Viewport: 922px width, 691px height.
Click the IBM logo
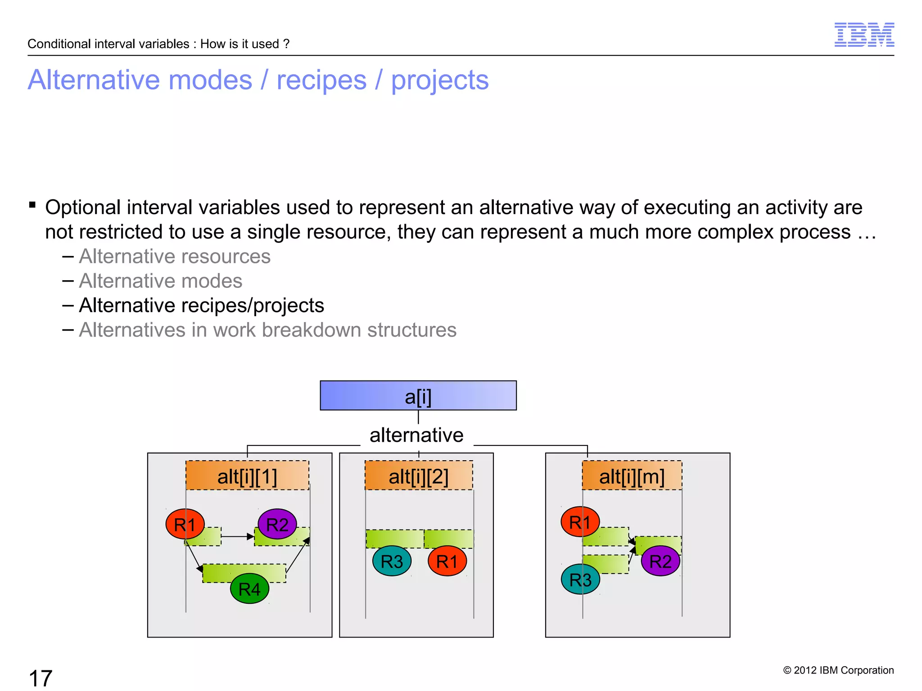point(864,35)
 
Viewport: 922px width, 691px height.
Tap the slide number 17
point(41,678)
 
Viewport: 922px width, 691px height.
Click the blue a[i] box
point(418,395)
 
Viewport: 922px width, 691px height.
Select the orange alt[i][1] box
point(247,476)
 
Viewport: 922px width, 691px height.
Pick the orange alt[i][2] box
point(419,476)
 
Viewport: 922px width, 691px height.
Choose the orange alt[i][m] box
point(632,476)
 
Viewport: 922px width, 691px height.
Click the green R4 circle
point(249,588)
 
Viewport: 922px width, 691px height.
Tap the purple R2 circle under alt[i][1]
point(277,524)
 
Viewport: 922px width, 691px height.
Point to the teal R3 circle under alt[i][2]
point(392,561)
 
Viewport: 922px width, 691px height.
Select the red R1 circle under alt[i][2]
point(447,561)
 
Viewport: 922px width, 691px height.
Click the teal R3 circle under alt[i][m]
point(580,579)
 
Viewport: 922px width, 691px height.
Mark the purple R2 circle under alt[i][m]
point(660,561)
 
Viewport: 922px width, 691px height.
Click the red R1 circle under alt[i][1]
point(185,524)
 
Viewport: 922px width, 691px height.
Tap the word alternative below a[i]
point(416,435)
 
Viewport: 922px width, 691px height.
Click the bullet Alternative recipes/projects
point(201,305)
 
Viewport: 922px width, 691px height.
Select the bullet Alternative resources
point(175,256)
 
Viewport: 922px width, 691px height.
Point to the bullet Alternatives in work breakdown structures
point(267,330)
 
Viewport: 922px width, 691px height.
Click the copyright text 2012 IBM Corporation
point(838,670)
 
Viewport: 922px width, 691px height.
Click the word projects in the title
point(439,80)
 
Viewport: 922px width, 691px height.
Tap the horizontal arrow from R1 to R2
point(238,536)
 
